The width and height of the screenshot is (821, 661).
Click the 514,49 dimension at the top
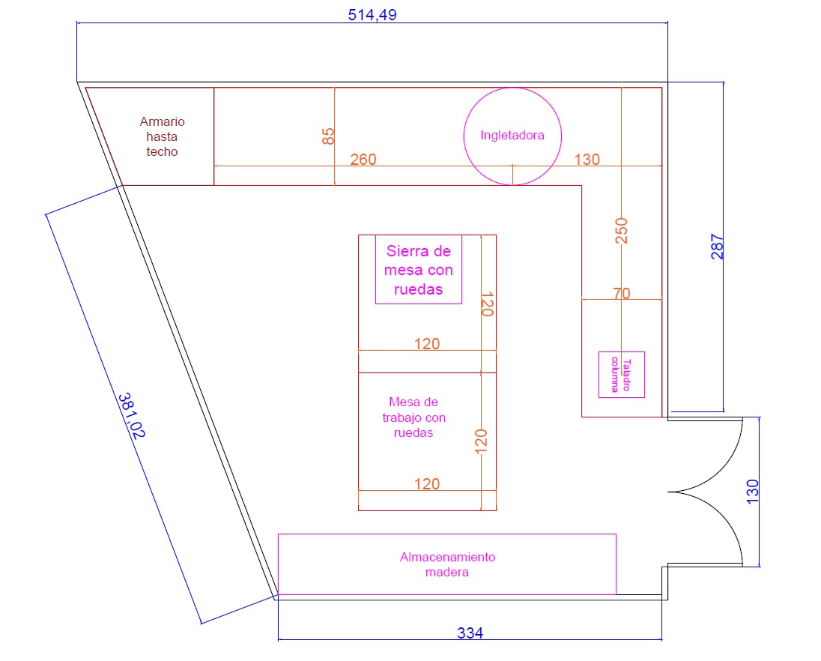pyautogui.click(x=372, y=15)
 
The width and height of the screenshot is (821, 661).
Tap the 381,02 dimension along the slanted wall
pyautogui.click(x=131, y=415)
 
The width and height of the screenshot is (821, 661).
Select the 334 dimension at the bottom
pyautogui.click(x=470, y=633)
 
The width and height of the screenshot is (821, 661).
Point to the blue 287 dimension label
pyautogui.click(x=717, y=247)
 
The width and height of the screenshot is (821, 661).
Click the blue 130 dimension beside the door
pyautogui.click(x=752, y=492)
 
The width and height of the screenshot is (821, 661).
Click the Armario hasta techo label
pyautogui.click(x=162, y=136)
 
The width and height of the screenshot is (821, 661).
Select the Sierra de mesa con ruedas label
pyautogui.click(x=418, y=271)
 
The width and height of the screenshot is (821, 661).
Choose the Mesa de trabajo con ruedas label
pyautogui.click(x=413, y=417)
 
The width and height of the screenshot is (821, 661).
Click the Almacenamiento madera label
pyautogui.click(x=447, y=564)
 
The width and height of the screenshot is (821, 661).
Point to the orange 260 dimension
pyautogui.click(x=363, y=159)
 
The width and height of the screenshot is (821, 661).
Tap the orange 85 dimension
pyautogui.click(x=328, y=136)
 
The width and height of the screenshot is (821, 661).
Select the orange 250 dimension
pyautogui.click(x=621, y=231)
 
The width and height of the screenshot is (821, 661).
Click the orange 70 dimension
pyautogui.click(x=622, y=293)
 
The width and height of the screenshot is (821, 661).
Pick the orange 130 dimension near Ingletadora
pyautogui.click(x=587, y=159)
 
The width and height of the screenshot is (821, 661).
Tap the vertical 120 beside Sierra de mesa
pyautogui.click(x=487, y=304)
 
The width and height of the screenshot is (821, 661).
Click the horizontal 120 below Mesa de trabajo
pyautogui.click(x=427, y=483)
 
